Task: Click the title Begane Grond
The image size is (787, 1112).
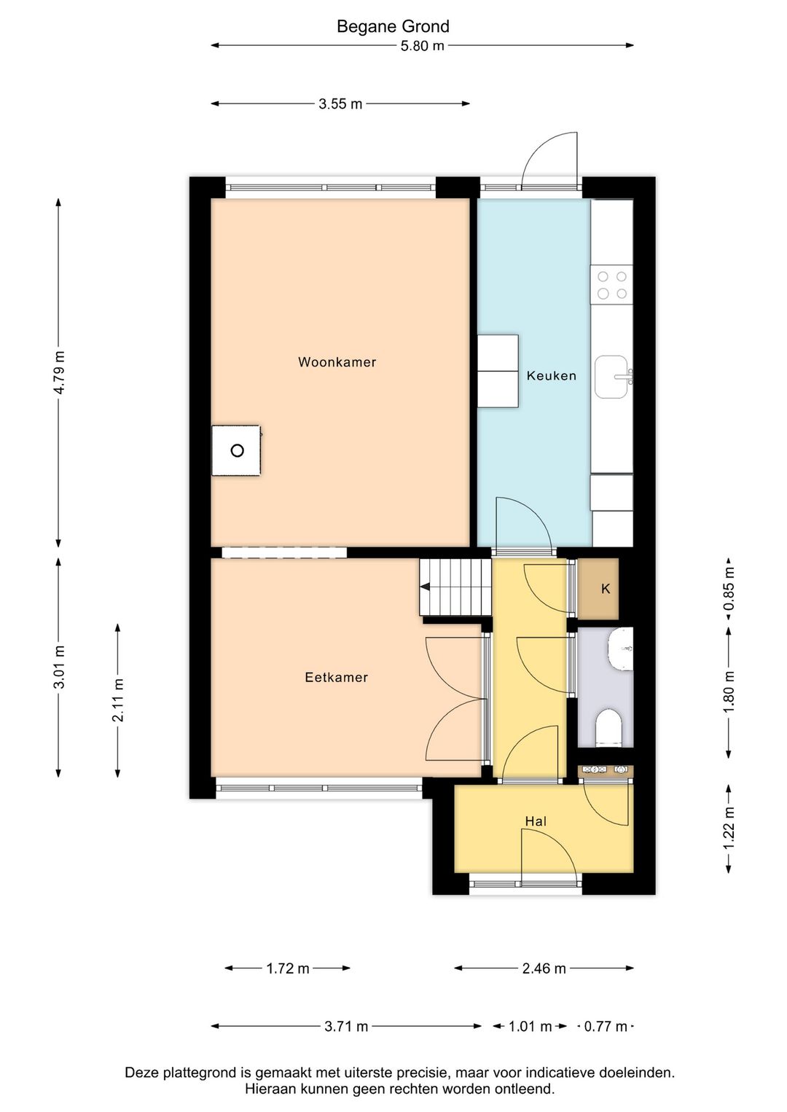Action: [393, 27]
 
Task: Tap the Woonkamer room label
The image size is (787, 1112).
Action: [337, 362]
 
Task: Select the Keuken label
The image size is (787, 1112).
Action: [551, 376]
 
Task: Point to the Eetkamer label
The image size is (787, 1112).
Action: [336, 678]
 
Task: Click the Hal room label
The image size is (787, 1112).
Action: [536, 821]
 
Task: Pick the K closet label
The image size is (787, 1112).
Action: [606, 589]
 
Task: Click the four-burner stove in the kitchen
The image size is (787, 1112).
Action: [611, 285]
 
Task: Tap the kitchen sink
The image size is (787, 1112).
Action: [611, 377]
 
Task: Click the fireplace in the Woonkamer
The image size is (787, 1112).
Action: [236, 450]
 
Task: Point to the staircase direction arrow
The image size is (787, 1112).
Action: [425, 587]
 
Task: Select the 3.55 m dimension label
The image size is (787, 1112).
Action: [340, 104]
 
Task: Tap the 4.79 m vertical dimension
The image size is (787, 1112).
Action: [59, 372]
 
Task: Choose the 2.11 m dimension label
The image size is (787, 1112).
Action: [118, 700]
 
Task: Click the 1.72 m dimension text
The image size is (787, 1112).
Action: [288, 968]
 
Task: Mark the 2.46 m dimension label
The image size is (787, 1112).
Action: [544, 968]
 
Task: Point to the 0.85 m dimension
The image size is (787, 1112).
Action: [729, 589]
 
